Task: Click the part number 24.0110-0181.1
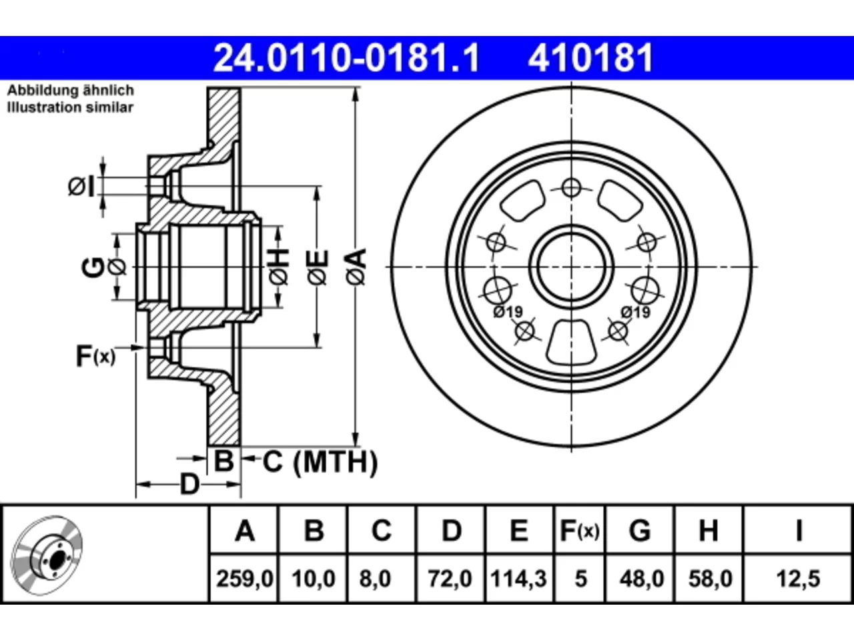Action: tap(346, 58)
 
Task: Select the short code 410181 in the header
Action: tap(590, 58)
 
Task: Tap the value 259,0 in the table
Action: tap(245, 579)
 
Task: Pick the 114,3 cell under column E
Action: tap(518, 579)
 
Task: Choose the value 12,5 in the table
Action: tap(798, 579)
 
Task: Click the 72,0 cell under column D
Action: tap(450, 579)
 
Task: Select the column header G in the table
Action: tap(640, 531)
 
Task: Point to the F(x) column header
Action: tap(580, 531)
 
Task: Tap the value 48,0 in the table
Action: tap(642, 579)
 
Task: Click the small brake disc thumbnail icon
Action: tap(47, 556)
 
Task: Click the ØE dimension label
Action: tap(318, 267)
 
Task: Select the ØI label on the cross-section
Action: tap(81, 187)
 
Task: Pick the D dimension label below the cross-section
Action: tap(189, 484)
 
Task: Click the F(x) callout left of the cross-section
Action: tap(95, 356)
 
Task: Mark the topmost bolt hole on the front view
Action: tap(571, 188)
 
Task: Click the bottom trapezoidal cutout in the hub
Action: tap(571, 343)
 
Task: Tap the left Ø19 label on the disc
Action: tap(508, 311)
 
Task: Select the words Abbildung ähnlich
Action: tap(71, 90)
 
